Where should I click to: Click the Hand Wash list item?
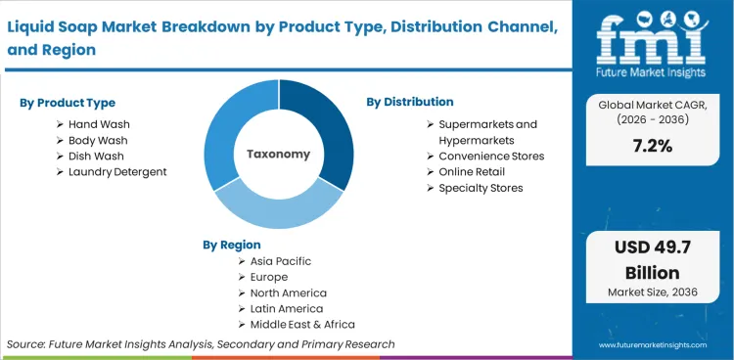(99, 124)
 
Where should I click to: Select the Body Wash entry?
(98, 140)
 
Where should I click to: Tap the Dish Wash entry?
(96, 156)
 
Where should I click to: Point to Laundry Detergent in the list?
(117, 171)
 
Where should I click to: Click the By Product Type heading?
(68, 103)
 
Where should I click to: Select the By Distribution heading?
(410, 102)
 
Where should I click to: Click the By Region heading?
(232, 245)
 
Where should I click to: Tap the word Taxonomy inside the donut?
(278, 154)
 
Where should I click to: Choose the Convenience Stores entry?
(491, 156)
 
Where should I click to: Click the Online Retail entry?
(474, 171)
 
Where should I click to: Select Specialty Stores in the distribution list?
(481, 187)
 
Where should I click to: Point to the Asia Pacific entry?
(281, 261)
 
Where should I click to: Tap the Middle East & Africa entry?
(302, 324)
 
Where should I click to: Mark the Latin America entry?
(287, 308)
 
